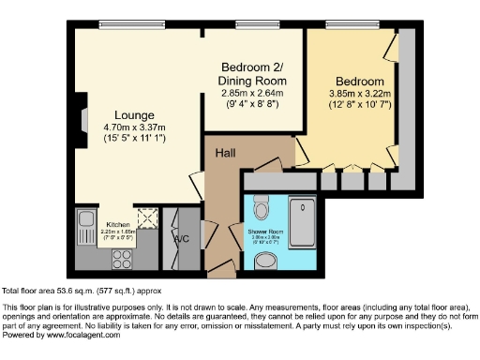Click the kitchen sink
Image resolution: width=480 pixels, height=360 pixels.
84,222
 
